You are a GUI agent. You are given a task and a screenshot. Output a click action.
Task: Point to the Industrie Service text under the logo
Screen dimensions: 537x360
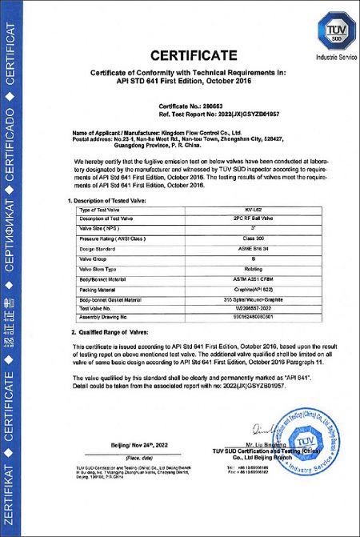click(x=326, y=58)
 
